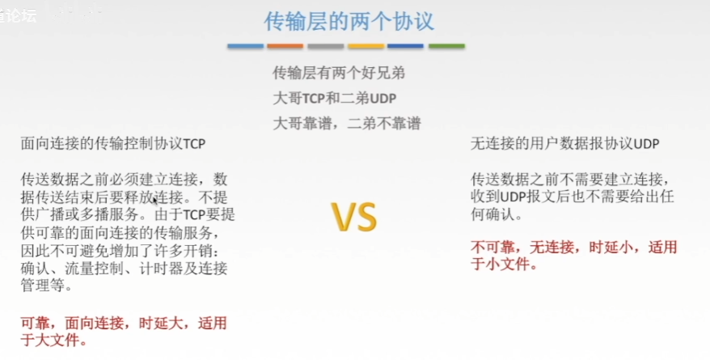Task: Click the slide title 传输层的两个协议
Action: [349, 21]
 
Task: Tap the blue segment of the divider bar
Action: [245, 46]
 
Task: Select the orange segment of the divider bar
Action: [285, 46]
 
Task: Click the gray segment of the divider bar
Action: [326, 46]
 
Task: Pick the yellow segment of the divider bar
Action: [366, 46]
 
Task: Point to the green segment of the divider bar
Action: [446, 46]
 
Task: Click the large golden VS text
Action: [354, 218]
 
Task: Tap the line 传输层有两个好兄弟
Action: [339, 73]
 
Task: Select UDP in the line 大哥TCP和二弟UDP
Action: [383, 98]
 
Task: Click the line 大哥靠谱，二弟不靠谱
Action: [347, 123]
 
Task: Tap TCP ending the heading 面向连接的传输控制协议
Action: [194, 144]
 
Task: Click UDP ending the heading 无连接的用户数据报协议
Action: [646, 144]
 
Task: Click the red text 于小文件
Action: [500, 264]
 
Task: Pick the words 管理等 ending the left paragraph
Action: [43, 286]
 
